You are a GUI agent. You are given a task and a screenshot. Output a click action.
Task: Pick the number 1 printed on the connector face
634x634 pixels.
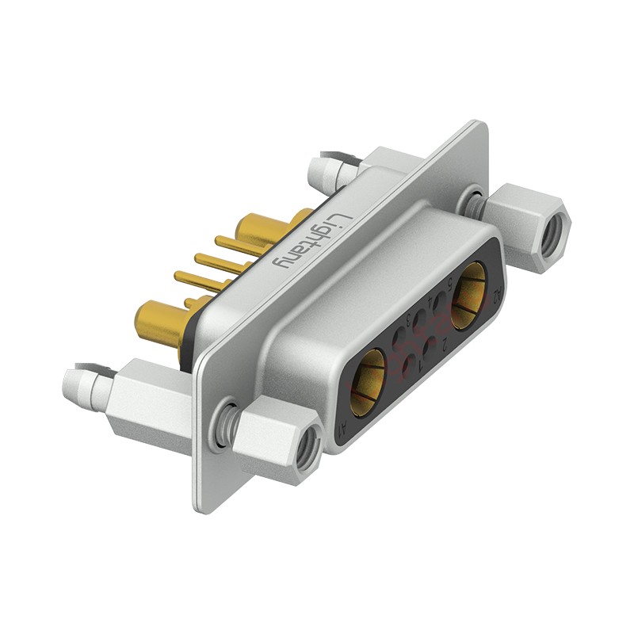coord(421,366)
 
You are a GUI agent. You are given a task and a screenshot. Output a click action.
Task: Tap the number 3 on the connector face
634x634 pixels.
coord(409,320)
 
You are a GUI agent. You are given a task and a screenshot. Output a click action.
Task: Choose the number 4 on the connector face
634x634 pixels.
coord(430,301)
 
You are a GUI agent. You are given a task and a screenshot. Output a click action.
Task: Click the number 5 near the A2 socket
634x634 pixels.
coord(450,285)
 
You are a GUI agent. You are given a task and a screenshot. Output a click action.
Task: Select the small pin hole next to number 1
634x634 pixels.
coord(410,366)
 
